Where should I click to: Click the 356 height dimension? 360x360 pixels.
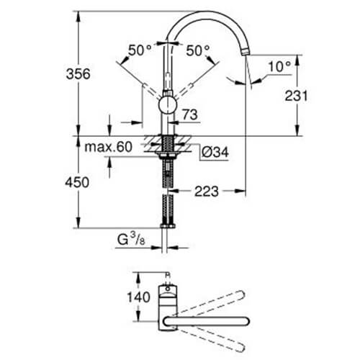tap(78, 74)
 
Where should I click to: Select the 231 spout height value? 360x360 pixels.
tap(296, 96)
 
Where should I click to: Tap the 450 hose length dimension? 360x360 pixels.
tap(77, 182)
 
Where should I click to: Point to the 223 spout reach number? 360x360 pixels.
tap(207, 192)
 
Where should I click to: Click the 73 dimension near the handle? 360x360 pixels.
tap(190, 114)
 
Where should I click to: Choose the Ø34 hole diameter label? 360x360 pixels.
tap(215, 152)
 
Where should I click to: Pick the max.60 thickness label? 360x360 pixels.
tap(108, 147)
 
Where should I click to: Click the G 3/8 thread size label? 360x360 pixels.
tap(131, 239)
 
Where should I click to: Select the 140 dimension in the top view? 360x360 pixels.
tap(138, 297)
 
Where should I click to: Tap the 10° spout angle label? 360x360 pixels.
tap(279, 66)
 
